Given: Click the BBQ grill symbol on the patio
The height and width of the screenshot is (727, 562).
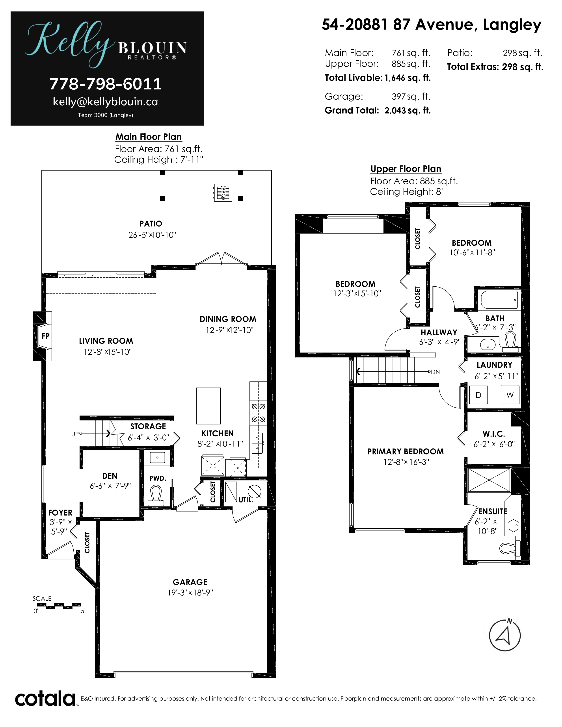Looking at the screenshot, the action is click(x=222, y=192).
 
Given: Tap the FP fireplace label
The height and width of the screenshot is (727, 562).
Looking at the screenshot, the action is click(x=46, y=336).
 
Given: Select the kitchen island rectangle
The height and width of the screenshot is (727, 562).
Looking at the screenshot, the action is click(x=208, y=406).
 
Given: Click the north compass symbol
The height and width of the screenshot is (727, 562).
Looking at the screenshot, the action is click(x=505, y=635).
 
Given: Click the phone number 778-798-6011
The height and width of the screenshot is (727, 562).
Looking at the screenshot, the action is click(x=106, y=84).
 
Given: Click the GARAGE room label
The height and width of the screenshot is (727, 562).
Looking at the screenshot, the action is click(x=190, y=582).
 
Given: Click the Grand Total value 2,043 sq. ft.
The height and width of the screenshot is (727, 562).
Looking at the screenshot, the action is click(x=408, y=111).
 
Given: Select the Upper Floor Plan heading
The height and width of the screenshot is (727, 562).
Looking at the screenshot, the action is click(x=406, y=169).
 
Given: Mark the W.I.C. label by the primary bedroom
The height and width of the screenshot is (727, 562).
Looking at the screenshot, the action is click(x=494, y=434).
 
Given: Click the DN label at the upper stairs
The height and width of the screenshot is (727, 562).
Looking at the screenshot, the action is click(x=435, y=372).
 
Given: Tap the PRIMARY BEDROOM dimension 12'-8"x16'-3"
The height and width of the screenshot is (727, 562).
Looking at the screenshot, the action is click(x=406, y=462).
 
